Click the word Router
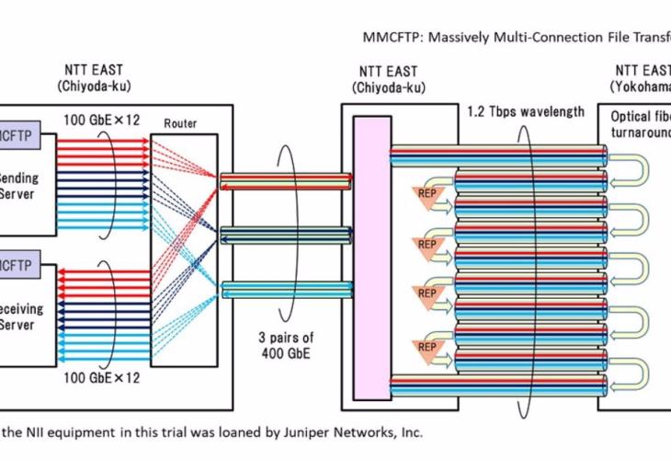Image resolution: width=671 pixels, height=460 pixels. pyautogui.click(x=180, y=122)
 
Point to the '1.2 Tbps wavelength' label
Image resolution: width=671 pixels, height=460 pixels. pyautogui.click(x=525, y=112)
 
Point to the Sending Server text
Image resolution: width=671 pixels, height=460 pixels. pyautogui.click(x=18, y=187)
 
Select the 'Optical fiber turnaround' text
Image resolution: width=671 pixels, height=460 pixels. pyautogui.click(x=640, y=125)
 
